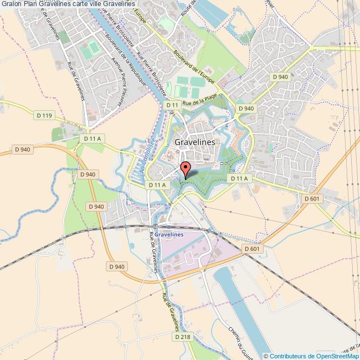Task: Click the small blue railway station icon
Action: pyautogui.click(x=168, y=227)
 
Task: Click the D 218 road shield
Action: pyautogui.click(x=182, y=336)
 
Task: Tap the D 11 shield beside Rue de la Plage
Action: pyautogui.click(x=173, y=105)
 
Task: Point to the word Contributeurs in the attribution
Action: pyautogui.click(x=288, y=356)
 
